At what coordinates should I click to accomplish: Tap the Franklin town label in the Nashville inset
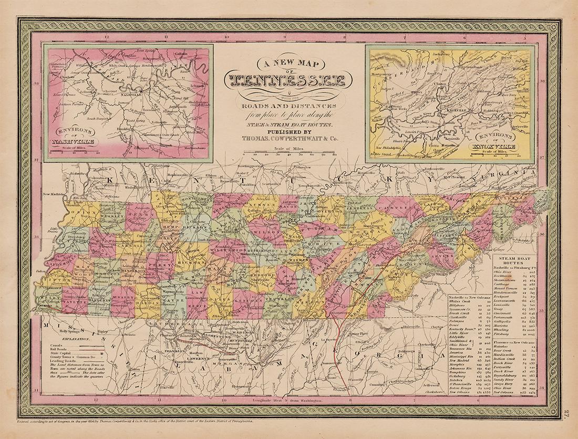coord(124,128)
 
